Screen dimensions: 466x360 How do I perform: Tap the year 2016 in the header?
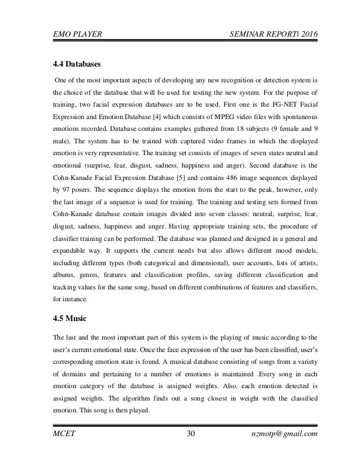(x=307, y=36)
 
